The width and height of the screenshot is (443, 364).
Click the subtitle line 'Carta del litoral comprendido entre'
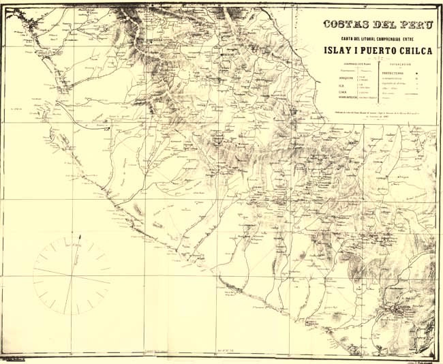(378, 37)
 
